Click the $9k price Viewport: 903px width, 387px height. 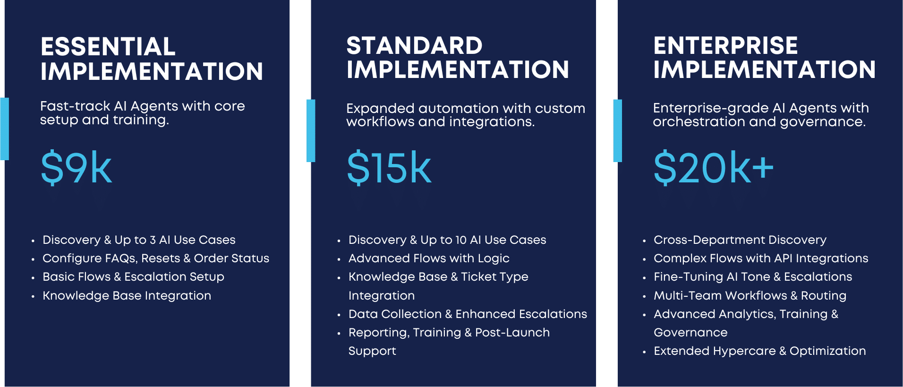click(77, 167)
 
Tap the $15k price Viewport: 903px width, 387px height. click(389, 167)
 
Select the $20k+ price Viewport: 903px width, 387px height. click(713, 167)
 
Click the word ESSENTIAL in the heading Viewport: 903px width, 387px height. click(108, 47)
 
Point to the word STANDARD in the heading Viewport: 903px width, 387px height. click(414, 46)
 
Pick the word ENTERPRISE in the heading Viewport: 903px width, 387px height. click(725, 46)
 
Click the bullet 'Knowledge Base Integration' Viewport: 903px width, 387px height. click(127, 296)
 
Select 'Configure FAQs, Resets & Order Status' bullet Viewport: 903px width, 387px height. click(156, 258)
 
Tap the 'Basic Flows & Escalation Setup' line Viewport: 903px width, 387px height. click(133, 277)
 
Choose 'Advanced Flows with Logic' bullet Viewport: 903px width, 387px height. click(429, 258)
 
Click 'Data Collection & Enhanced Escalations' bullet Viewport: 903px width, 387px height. click(468, 314)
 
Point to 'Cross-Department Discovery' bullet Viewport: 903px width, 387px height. click(740, 240)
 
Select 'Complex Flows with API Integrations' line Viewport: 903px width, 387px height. click(761, 258)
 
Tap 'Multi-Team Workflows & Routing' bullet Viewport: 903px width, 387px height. click(750, 296)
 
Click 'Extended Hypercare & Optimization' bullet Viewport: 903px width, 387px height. click(759, 351)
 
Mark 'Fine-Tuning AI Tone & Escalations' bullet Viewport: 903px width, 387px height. click(753, 277)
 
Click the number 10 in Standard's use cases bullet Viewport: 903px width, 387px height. click(461, 240)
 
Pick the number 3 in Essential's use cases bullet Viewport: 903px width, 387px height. click(153, 240)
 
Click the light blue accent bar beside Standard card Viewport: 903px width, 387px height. click(311, 130)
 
